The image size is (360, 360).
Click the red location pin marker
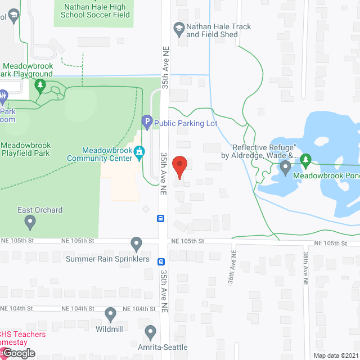tap(179, 167)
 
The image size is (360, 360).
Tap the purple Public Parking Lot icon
tap(146, 120)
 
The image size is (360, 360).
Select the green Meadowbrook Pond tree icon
tap(305, 160)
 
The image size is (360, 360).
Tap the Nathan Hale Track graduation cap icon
tap(179, 28)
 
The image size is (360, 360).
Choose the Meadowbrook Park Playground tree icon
tap(40, 85)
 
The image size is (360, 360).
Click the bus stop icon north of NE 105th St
tap(161, 219)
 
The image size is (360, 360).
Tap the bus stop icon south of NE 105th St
tap(161, 262)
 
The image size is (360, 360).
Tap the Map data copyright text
tap(336, 355)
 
